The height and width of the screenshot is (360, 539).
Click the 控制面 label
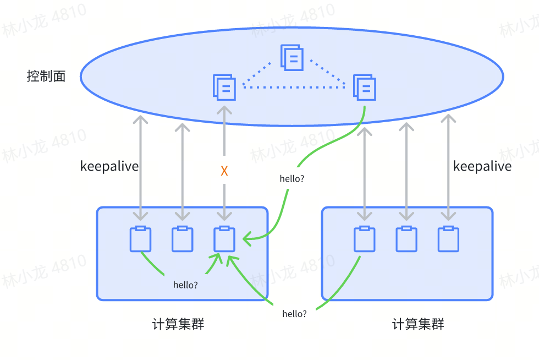pyautogui.click(x=46, y=76)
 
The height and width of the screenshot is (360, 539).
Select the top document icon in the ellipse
pyautogui.click(x=292, y=57)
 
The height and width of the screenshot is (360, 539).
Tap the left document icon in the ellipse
pyautogui.click(x=224, y=88)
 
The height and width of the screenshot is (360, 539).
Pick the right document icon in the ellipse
pyautogui.click(x=364, y=88)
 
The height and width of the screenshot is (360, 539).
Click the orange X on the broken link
pyautogui.click(x=224, y=171)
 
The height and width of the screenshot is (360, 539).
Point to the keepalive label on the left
pyautogui.click(x=109, y=166)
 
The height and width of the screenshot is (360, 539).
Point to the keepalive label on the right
pyautogui.click(x=482, y=166)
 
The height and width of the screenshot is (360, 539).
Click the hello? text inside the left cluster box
pyautogui.click(x=186, y=285)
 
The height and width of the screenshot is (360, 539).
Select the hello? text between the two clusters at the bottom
pyautogui.click(x=294, y=314)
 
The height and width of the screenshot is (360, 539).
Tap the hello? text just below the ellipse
pyautogui.click(x=292, y=178)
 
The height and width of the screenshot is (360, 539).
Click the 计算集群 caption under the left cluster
pyautogui.click(x=178, y=324)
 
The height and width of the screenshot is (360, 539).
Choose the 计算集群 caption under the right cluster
pyautogui.click(x=418, y=324)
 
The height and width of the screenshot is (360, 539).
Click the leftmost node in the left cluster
pyautogui.click(x=140, y=239)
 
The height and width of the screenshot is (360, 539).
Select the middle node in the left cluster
pyautogui.click(x=182, y=239)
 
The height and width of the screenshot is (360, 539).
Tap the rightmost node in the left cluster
pyautogui.click(x=224, y=239)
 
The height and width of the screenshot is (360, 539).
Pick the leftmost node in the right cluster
pyautogui.click(x=364, y=239)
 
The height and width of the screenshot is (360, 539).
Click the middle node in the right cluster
pyautogui.click(x=406, y=239)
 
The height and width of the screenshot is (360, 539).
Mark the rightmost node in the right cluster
pyautogui.click(x=448, y=239)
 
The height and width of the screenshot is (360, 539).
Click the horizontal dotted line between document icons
pyautogui.click(x=294, y=88)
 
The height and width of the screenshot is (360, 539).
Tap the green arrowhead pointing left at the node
pyautogui.click(x=247, y=238)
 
